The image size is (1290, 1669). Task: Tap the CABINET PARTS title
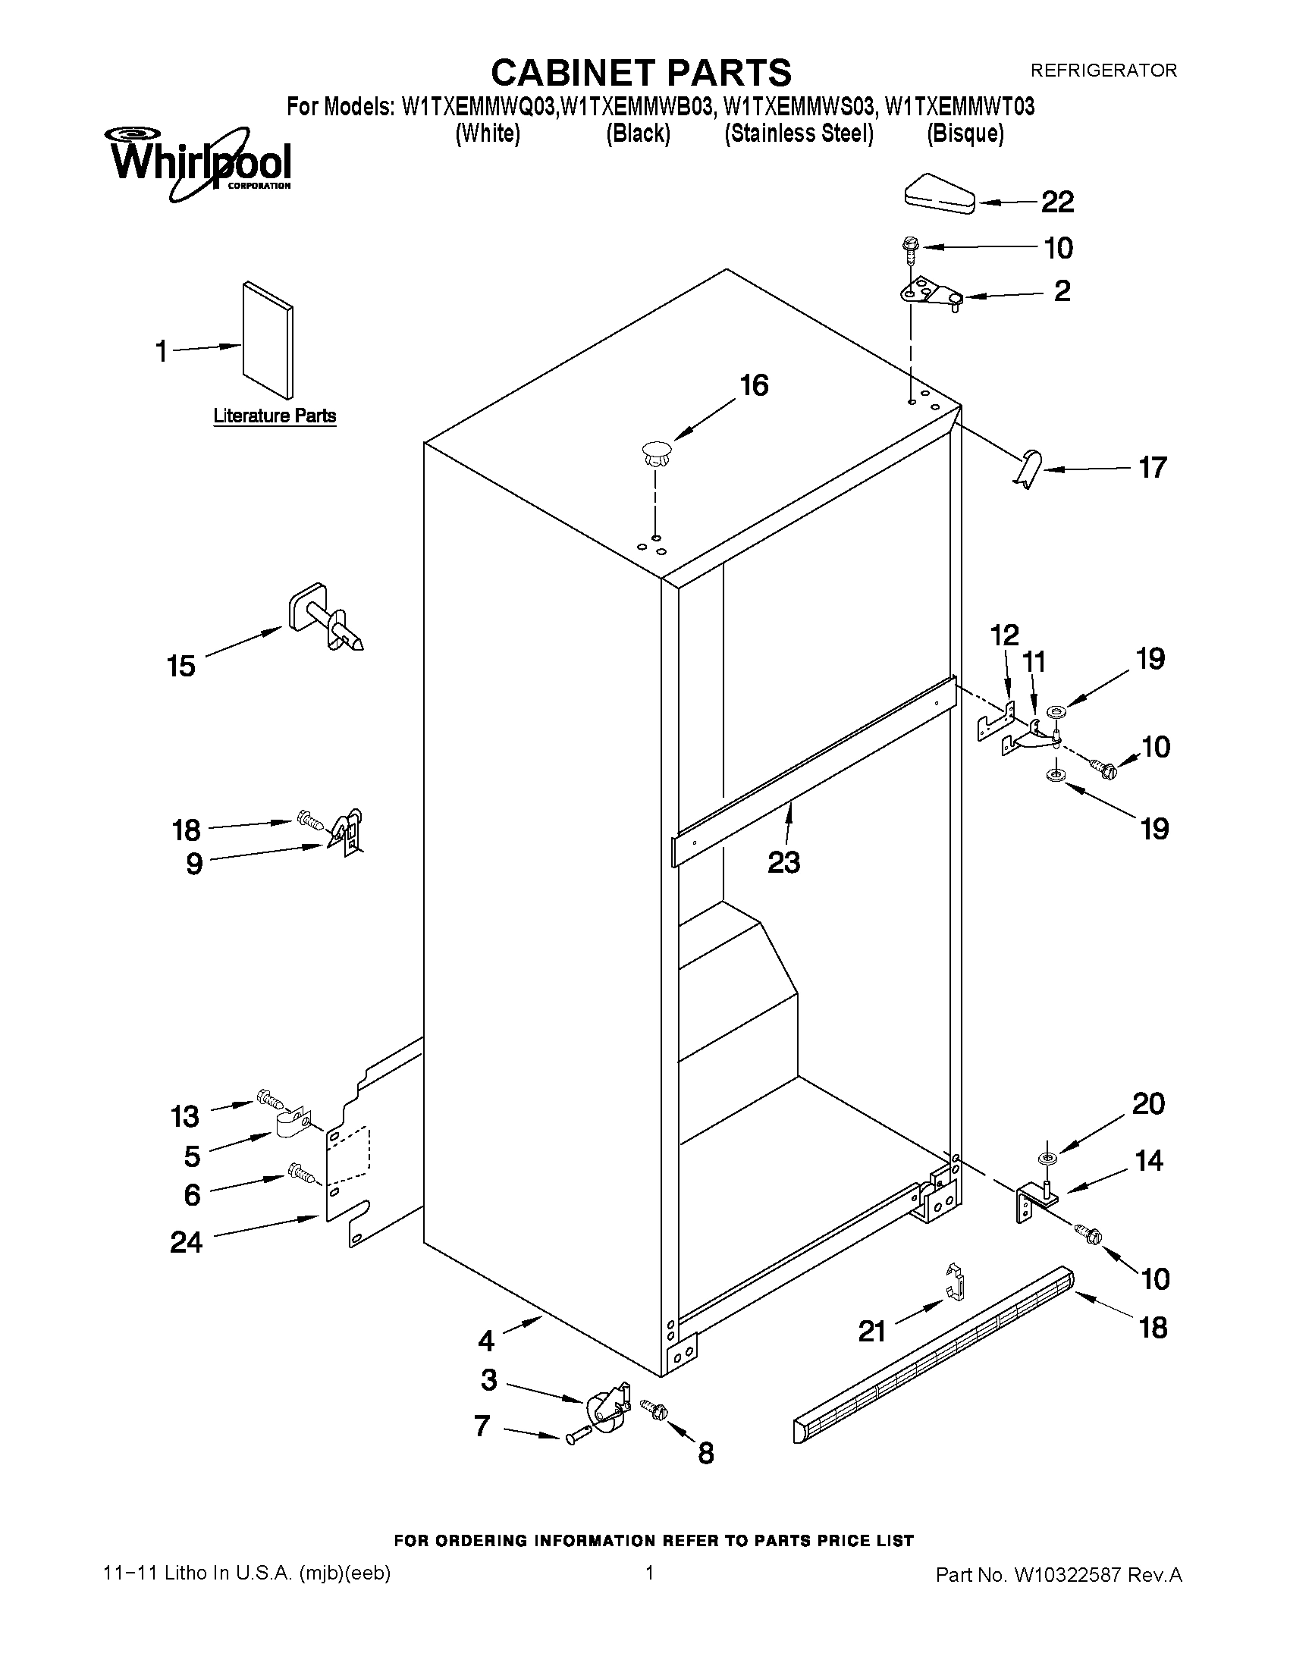[640, 73]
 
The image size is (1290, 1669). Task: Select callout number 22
[1058, 202]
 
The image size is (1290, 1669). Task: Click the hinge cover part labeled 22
[937, 193]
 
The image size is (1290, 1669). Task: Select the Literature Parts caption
[275, 416]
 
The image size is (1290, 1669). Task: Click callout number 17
[1153, 467]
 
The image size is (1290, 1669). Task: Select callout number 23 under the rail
[783, 862]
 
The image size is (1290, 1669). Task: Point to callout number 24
[186, 1243]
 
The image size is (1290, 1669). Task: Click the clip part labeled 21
[955, 1283]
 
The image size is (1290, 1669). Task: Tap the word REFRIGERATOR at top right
[1103, 71]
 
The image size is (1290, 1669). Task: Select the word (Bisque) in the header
[965, 133]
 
